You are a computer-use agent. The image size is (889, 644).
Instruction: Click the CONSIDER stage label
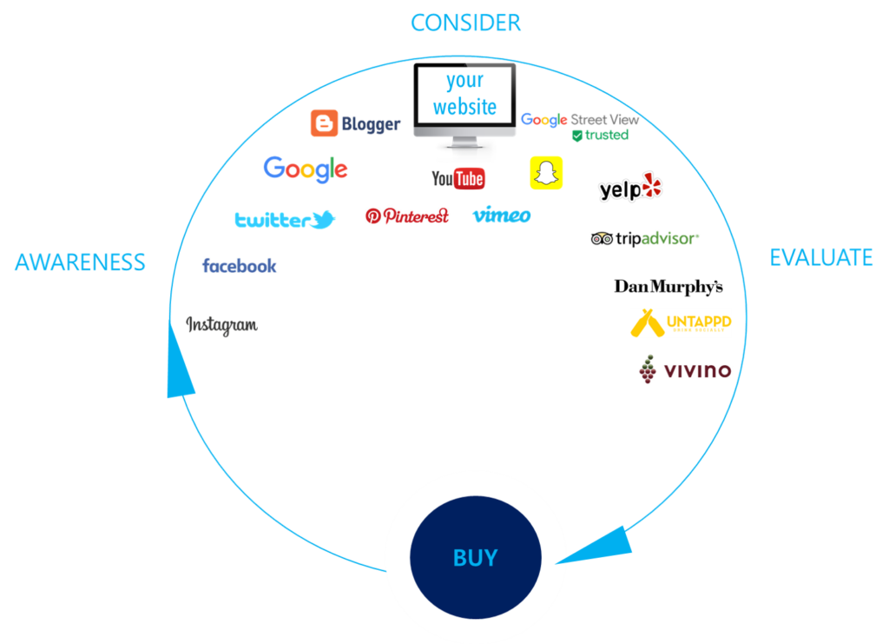tap(466, 23)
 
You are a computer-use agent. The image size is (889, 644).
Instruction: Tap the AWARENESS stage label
tap(80, 262)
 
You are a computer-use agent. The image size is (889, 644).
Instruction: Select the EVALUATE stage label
tap(821, 258)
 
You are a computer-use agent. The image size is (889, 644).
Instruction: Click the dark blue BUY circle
tap(475, 557)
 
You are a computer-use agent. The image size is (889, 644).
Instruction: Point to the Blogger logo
tap(356, 123)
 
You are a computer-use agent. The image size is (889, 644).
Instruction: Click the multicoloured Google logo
tap(306, 169)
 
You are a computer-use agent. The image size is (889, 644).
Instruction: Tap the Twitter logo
tap(285, 220)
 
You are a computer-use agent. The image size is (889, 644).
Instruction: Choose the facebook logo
tap(240, 266)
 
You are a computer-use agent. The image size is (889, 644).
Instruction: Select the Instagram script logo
tap(222, 325)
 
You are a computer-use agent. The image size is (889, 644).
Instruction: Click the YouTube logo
tap(458, 178)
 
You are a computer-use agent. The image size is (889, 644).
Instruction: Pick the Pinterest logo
tap(407, 216)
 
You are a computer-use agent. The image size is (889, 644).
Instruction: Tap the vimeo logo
tap(502, 216)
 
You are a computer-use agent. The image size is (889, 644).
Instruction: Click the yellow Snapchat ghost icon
tap(546, 173)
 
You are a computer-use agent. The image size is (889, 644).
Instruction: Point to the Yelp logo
tap(630, 188)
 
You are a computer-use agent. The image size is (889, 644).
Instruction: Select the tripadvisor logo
tap(644, 238)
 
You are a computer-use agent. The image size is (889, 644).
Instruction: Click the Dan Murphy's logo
tap(668, 286)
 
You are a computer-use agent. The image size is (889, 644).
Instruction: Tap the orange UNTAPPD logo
tap(681, 322)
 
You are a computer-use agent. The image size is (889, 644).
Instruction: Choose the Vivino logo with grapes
tap(685, 370)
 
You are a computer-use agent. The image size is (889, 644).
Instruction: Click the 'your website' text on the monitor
tap(465, 94)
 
